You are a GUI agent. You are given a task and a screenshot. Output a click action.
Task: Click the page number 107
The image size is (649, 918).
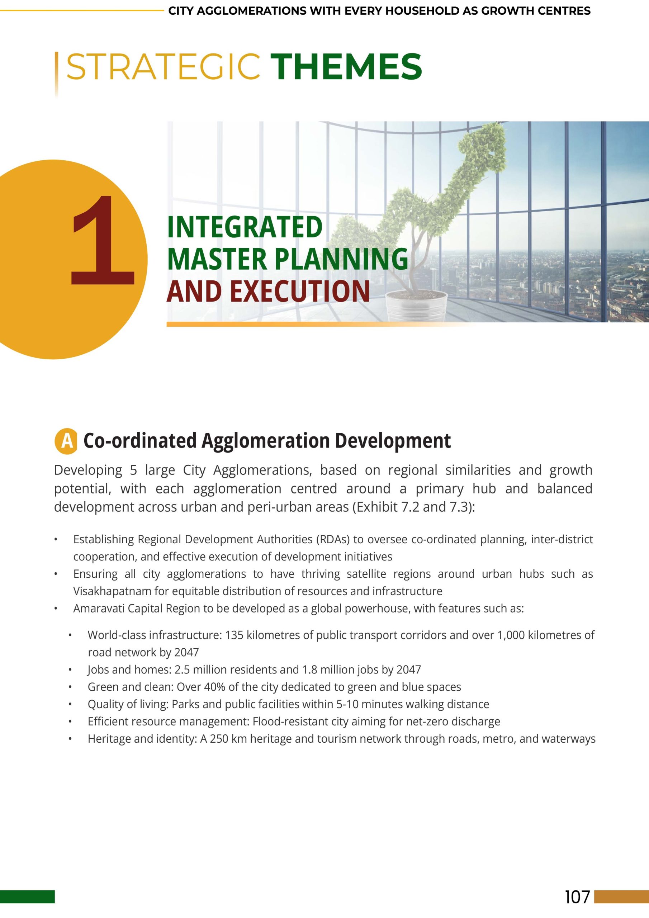tap(577, 897)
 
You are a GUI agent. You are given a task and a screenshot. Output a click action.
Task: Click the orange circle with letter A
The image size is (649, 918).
tap(66, 441)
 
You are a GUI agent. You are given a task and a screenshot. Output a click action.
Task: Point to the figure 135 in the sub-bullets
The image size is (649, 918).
tap(235, 635)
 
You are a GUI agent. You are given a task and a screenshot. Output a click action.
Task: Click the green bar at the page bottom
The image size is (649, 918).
tap(27, 897)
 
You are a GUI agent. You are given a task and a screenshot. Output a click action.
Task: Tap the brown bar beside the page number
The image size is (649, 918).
tap(621, 897)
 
